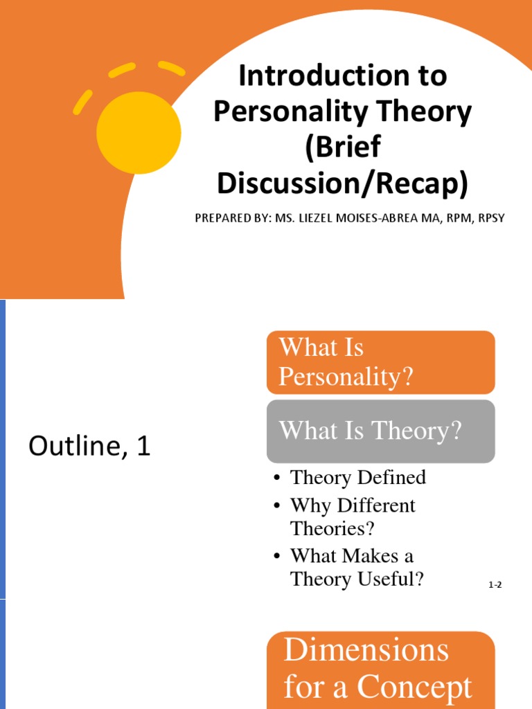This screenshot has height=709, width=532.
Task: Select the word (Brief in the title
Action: (x=343, y=148)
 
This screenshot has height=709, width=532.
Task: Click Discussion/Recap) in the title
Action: (x=343, y=183)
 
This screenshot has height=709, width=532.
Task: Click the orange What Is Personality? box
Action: (x=380, y=362)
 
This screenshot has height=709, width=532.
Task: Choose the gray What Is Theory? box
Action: (x=380, y=431)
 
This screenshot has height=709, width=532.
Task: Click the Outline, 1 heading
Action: (x=89, y=448)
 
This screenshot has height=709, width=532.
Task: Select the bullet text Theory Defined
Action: (x=357, y=477)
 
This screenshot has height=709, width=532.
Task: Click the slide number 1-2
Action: (x=495, y=586)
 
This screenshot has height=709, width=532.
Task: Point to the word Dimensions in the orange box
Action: (x=366, y=651)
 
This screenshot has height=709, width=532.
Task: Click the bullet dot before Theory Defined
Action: (x=277, y=478)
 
